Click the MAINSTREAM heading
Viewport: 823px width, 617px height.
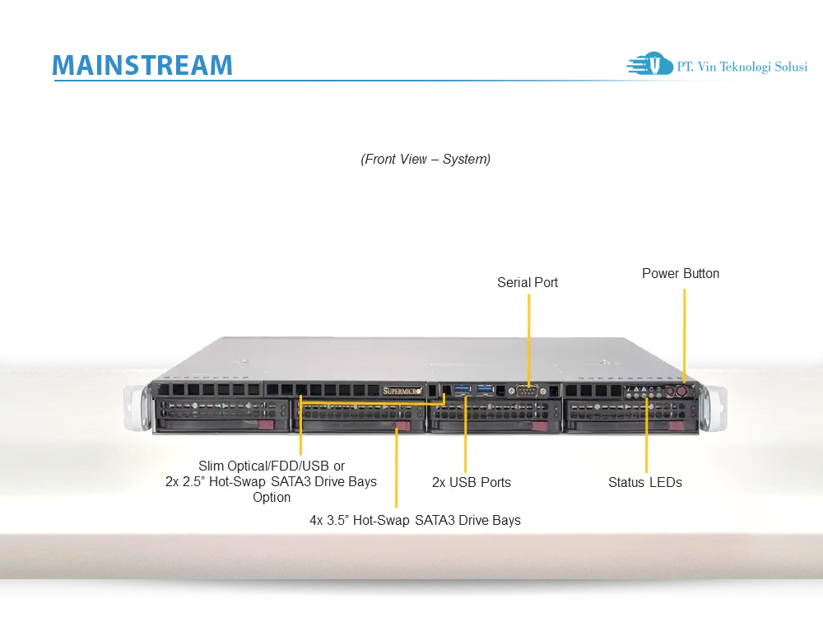pos(142,65)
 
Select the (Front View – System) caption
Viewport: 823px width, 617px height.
pos(425,159)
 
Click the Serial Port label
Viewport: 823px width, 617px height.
pos(528,282)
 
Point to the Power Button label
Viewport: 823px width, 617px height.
pos(681,273)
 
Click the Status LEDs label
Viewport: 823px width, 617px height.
pos(645,482)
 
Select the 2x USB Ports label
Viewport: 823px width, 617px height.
pos(472,482)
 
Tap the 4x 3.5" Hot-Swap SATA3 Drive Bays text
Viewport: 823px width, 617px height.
pos(415,520)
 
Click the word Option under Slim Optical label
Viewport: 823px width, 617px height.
pos(272,497)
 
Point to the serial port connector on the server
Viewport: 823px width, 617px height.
pos(528,391)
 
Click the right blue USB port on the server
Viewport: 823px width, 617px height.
pos(487,387)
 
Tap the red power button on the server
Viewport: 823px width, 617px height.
pos(681,392)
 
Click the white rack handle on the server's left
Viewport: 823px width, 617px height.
pos(137,406)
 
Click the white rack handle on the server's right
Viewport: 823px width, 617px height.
pos(718,406)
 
